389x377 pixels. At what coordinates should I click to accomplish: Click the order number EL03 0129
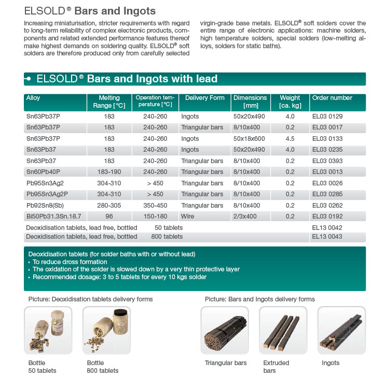pyautogui.click(x=327, y=117)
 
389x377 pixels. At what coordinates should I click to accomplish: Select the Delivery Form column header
pyautogui.click(x=204, y=98)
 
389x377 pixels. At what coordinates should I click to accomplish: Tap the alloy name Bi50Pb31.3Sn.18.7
pyautogui.click(x=54, y=215)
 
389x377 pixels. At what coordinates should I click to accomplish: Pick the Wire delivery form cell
pyautogui.click(x=188, y=215)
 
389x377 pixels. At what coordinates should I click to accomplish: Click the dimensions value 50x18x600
pyautogui.click(x=249, y=139)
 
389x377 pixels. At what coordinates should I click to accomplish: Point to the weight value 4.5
pyautogui.click(x=289, y=139)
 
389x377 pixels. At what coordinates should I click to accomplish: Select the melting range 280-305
pyautogui.click(x=109, y=205)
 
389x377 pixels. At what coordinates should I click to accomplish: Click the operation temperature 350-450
pyautogui.click(x=155, y=205)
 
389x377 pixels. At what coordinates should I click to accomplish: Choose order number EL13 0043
pyautogui.click(x=327, y=237)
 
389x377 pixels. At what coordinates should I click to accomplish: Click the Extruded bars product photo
pyautogui.click(x=283, y=330)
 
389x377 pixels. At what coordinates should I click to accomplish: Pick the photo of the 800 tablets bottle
pyautogui.click(x=107, y=330)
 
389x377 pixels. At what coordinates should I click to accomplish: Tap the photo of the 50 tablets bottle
pyautogui.click(x=49, y=330)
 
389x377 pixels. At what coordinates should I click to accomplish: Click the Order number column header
pyautogui.click(x=332, y=98)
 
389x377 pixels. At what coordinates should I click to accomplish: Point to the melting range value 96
pyautogui.click(x=109, y=215)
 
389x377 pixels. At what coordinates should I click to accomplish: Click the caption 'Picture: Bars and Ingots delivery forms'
pyautogui.click(x=260, y=299)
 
